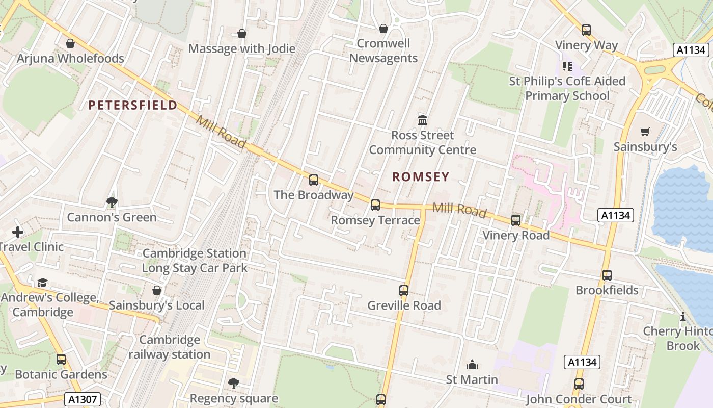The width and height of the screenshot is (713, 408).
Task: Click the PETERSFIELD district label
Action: point(133,106)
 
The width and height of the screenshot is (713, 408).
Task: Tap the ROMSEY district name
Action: point(421,177)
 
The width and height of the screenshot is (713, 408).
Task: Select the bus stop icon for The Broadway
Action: point(314,180)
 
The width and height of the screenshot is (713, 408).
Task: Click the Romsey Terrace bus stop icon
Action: point(375,205)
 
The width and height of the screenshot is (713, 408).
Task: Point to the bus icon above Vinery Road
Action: point(516,220)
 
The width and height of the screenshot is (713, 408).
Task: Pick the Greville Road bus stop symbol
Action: point(404,291)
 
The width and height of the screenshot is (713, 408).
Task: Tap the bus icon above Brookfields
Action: point(607,275)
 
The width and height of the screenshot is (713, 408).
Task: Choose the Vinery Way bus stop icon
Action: point(586,30)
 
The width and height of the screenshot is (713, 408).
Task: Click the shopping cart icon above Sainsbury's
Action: point(645,132)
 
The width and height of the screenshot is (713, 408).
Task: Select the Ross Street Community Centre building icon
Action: point(423,120)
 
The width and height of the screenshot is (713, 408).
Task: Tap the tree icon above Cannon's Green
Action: point(112,202)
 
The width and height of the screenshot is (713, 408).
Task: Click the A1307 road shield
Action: point(82,399)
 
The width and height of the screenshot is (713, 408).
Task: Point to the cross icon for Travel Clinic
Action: point(18,232)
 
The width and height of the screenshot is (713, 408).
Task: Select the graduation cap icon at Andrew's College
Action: point(42,283)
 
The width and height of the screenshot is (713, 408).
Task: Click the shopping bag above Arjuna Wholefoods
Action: point(70,44)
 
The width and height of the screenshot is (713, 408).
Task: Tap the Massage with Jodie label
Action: point(242,48)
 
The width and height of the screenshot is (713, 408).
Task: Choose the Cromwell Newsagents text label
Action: point(383,51)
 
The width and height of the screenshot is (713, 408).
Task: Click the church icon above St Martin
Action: point(472,365)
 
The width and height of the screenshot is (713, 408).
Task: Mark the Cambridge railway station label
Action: point(169,347)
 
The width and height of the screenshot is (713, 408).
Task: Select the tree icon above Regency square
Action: point(234,383)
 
